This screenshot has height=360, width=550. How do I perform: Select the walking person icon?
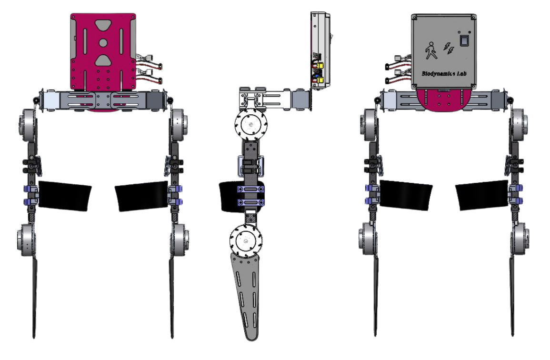point(430,50)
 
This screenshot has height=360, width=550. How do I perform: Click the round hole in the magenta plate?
point(103,42)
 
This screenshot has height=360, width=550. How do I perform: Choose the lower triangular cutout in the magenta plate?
point(103,60)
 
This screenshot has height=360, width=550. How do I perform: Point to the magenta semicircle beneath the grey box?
point(440,100)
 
